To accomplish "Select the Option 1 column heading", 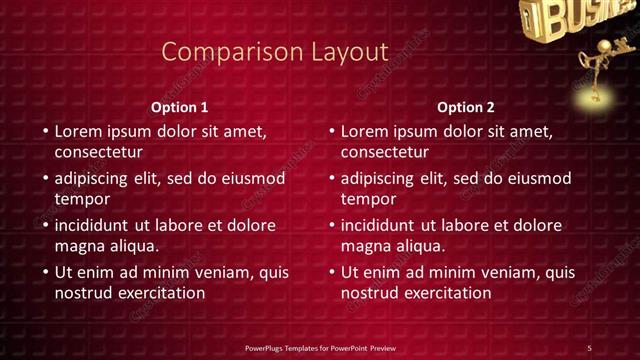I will click(x=180, y=107).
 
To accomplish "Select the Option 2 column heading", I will click(x=466, y=107).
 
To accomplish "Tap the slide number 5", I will click(x=590, y=347).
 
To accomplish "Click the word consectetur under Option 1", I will click(x=99, y=153).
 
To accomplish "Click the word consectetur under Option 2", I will click(x=385, y=153).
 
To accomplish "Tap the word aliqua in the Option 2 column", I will click(x=418, y=245).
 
